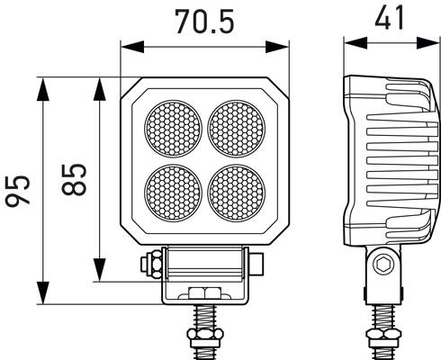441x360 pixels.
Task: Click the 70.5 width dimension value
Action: pyautogui.click(x=206, y=20)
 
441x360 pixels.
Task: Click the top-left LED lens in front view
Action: pyautogui.click(x=174, y=128)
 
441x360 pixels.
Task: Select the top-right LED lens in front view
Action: pyautogui.click(x=237, y=128)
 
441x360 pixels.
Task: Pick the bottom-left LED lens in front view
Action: pyautogui.click(x=174, y=190)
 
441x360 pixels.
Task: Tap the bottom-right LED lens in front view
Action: pyautogui.click(x=237, y=190)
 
